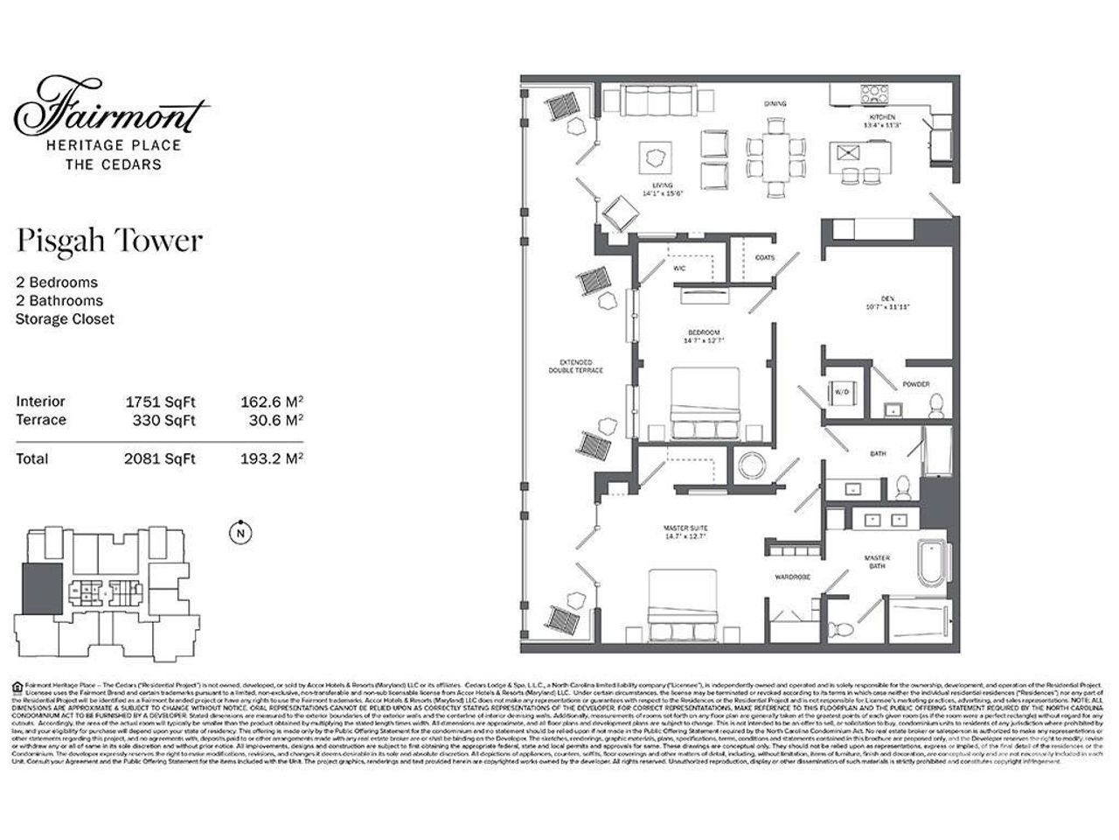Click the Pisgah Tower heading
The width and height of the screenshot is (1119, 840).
point(109,241)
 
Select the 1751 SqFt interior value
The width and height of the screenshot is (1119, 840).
point(161,402)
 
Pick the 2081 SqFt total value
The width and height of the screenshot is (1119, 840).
point(161,458)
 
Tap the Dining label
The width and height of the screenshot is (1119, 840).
point(775,104)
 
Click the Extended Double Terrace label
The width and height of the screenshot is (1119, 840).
point(576,366)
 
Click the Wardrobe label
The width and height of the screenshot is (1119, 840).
point(793,577)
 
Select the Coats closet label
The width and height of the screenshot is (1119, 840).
point(764,257)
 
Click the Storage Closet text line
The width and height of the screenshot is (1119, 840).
point(65,319)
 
